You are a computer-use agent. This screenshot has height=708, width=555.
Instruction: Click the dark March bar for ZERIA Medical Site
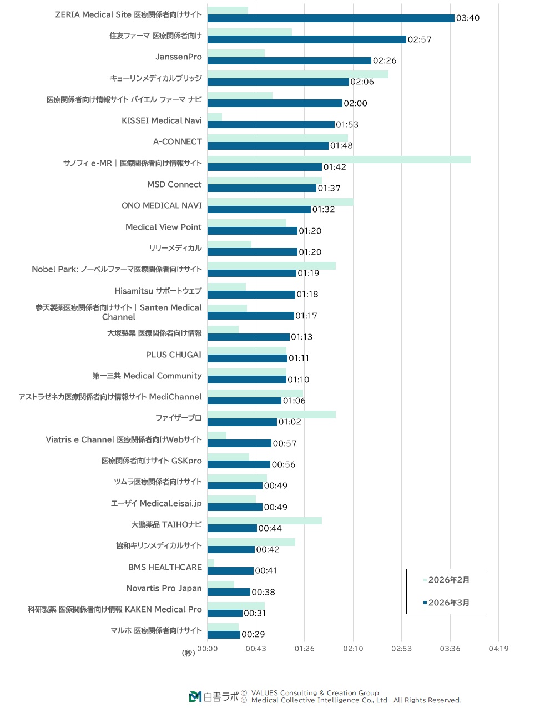(x=331, y=18)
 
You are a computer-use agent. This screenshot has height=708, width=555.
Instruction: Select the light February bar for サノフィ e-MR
(x=339, y=160)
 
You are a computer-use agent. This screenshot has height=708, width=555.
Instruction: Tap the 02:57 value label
(x=420, y=39)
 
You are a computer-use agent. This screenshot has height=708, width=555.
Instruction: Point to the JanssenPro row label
(x=179, y=57)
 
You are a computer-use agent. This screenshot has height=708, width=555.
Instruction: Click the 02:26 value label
(x=385, y=60)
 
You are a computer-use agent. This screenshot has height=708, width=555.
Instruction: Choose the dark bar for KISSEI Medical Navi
(x=271, y=125)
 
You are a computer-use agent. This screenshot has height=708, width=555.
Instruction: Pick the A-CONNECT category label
(x=178, y=141)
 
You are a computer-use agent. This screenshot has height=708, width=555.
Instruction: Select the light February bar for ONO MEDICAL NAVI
(x=280, y=202)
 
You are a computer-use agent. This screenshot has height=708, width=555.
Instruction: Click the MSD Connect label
(x=174, y=184)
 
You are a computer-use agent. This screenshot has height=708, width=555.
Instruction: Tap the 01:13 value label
(x=302, y=337)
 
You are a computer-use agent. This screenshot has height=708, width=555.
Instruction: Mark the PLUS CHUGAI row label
(x=174, y=355)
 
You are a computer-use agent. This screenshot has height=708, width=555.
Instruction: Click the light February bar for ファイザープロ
(x=271, y=414)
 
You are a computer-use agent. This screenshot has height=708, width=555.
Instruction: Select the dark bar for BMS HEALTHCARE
(x=230, y=571)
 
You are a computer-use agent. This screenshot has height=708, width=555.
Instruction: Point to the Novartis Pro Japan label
(x=164, y=588)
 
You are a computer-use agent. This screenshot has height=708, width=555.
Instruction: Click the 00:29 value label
(x=253, y=634)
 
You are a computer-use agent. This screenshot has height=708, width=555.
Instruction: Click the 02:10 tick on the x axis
(x=353, y=649)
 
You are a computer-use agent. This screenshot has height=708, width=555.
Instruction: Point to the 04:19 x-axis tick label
(x=498, y=649)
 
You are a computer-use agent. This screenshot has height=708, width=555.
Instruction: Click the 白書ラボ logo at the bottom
(x=214, y=697)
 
